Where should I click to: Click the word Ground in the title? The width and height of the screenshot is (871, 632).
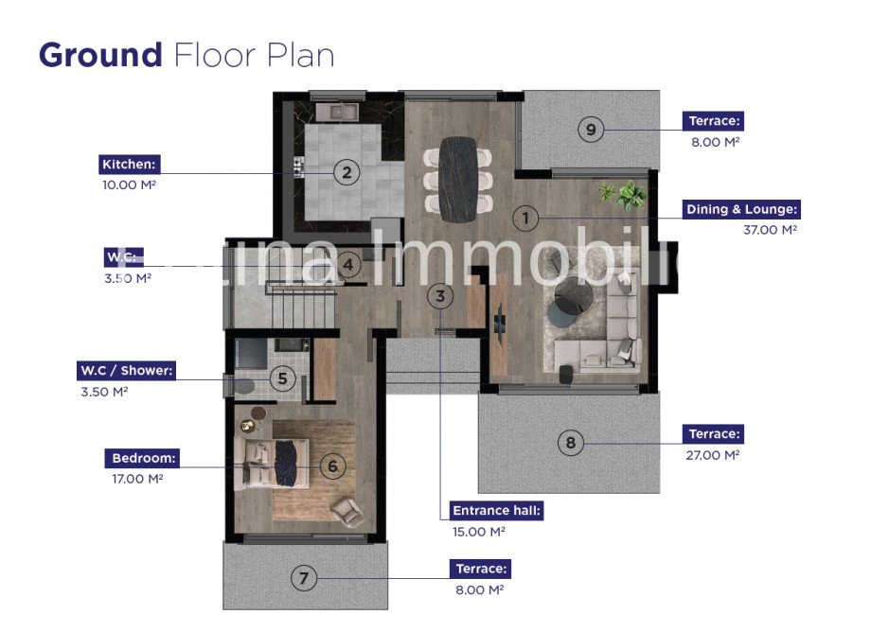point(100,55)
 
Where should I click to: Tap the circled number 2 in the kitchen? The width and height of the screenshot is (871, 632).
point(347,172)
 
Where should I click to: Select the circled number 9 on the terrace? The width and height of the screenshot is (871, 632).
point(591,130)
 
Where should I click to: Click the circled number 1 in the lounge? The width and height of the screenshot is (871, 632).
point(526,219)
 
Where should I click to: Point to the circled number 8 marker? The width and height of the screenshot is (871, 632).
point(569,442)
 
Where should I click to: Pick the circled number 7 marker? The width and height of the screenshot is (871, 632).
point(303,577)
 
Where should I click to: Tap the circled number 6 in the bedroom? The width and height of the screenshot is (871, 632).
point(331,465)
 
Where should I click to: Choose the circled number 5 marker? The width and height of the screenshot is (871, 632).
point(282,379)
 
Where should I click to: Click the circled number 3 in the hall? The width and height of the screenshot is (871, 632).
point(439,296)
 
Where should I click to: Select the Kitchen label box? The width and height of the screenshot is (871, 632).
point(130,165)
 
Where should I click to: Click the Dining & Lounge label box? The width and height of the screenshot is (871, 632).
point(741,209)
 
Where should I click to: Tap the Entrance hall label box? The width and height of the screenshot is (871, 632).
point(497,511)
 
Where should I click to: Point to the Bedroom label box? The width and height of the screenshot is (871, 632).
point(143,458)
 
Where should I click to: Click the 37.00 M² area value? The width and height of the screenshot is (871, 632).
point(770,230)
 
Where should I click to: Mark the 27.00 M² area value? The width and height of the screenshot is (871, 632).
point(713,455)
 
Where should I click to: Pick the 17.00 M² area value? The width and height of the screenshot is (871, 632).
point(137,479)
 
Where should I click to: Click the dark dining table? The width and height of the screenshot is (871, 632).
point(459,179)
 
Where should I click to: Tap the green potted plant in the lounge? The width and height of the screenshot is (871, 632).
point(625,195)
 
